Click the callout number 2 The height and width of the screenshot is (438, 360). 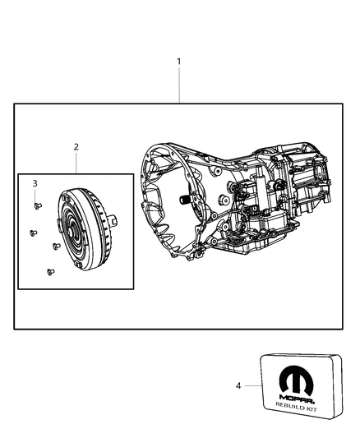[x=76, y=147]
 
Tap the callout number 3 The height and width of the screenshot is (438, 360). [x=35, y=182]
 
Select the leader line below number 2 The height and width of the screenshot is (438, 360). [x=76, y=163]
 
